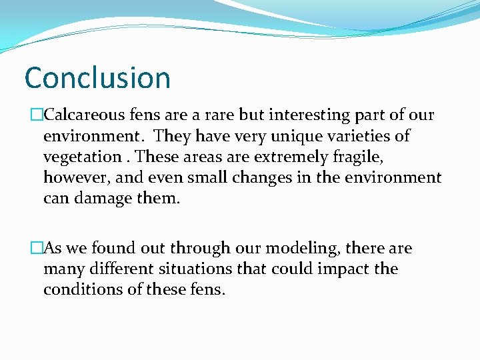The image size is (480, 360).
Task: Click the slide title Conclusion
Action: click(x=97, y=77)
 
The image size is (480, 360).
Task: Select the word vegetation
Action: click(x=81, y=157)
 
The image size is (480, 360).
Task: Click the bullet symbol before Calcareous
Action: click(x=37, y=115)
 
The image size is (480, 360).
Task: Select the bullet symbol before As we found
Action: click(x=37, y=249)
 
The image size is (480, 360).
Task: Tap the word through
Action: click(x=195, y=249)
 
